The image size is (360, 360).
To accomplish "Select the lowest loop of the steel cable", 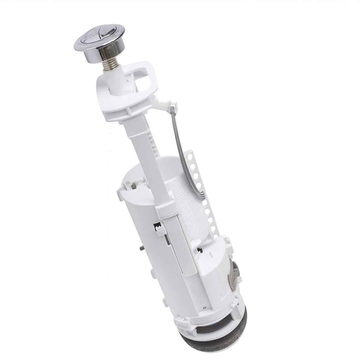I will [201, 197].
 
